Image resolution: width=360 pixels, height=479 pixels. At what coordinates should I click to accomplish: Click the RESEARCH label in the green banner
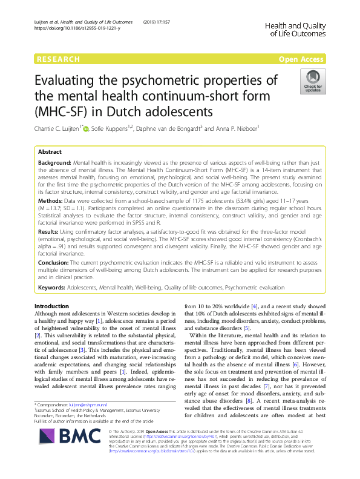(x=58, y=59)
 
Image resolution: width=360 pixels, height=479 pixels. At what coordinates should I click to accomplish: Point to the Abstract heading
(x=50, y=152)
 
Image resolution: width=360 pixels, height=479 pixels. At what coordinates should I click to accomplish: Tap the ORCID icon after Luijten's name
(x=85, y=129)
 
